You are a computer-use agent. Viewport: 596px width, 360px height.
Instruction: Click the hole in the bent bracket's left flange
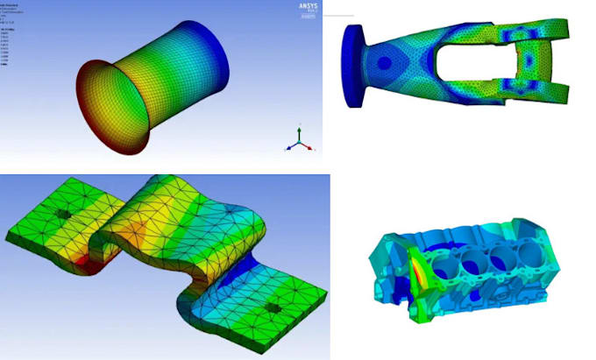(63, 215)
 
